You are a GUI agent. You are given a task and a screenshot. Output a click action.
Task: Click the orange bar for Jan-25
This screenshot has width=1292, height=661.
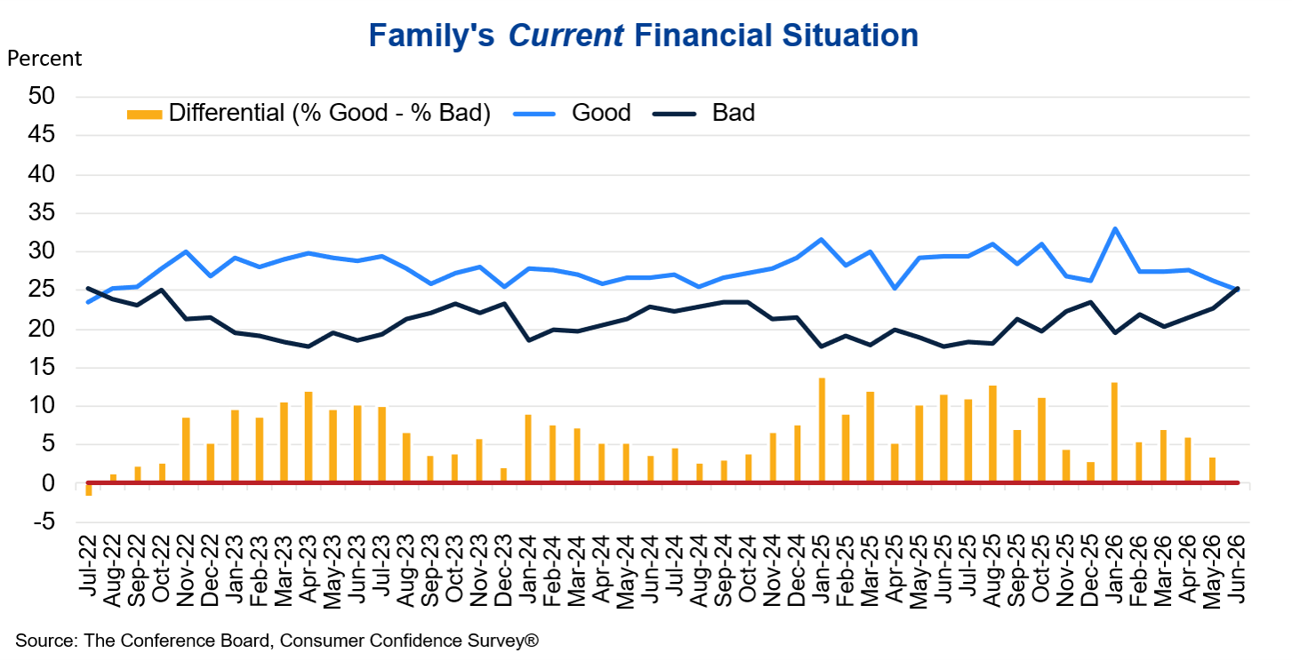822,430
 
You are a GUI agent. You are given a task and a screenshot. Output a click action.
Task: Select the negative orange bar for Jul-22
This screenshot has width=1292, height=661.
89,490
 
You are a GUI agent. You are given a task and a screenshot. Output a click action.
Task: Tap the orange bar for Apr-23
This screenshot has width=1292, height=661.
309,437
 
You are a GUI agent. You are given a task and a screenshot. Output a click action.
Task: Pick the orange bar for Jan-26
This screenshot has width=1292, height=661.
1114,432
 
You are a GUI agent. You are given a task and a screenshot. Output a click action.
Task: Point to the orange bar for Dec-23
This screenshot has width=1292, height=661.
503,475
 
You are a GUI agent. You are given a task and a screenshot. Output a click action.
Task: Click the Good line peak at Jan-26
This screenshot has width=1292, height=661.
1115,229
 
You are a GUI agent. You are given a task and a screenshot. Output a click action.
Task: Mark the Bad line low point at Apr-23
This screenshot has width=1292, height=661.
309,346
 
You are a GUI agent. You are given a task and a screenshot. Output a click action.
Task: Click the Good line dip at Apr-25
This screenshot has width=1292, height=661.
895,288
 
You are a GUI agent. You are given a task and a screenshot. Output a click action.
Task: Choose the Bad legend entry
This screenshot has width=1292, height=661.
703,113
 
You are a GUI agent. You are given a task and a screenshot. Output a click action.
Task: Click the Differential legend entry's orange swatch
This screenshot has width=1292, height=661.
144,114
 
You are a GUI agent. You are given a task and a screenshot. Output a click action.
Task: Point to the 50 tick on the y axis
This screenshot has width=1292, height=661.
42,96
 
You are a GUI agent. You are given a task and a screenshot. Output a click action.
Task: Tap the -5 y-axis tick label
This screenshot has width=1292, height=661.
44,522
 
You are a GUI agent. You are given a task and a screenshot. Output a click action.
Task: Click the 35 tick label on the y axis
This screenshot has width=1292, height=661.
42,213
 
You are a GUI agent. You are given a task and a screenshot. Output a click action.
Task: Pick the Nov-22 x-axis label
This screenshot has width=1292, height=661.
186,570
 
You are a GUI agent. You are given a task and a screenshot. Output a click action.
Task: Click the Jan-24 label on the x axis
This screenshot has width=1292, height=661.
528,570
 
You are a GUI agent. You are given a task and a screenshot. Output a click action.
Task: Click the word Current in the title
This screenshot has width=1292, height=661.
566,36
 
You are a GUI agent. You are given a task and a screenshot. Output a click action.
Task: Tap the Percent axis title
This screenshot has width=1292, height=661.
44,59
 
